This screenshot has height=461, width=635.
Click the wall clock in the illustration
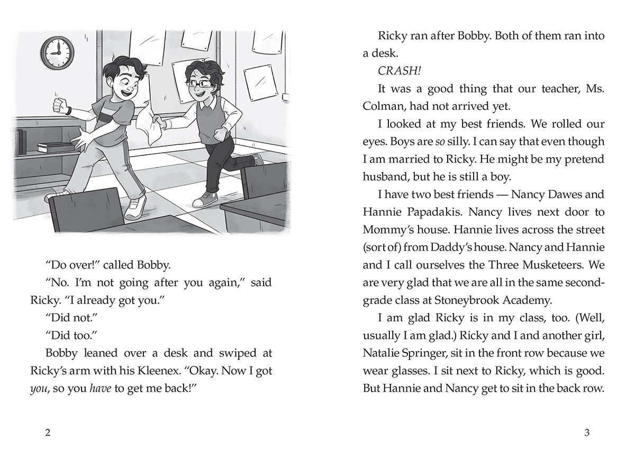[57, 52]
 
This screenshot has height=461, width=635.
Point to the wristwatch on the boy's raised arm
[68, 110]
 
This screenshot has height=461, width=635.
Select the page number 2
[48, 433]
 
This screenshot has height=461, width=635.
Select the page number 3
[586, 433]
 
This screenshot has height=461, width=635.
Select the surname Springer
[434, 353]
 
